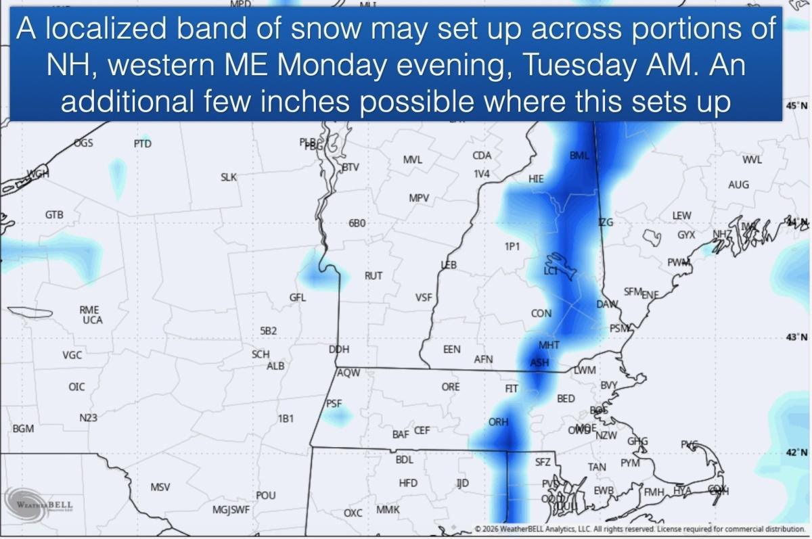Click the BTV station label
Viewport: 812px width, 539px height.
pyautogui.click(x=350, y=167)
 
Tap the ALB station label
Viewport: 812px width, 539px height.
pyautogui.click(x=275, y=366)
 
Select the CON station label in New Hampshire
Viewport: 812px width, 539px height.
pyautogui.click(x=541, y=314)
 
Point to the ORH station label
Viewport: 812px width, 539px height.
pyautogui.click(x=498, y=422)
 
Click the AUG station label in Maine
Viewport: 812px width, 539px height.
pyautogui.click(x=738, y=185)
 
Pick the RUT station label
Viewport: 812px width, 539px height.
pyautogui.click(x=374, y=276)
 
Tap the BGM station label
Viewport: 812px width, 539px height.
pyautogui.click(x=23, y=429)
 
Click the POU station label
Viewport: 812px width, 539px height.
pyautogui.click(x=266, y=496)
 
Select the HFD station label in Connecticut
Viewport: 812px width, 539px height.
pyautogui.click(x=408, y=483)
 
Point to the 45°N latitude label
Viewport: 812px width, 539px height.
pyautogui.click(x=796, y=106)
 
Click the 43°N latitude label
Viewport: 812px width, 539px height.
pyautogui.click(x=796, y=337)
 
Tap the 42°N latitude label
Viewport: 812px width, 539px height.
pyautogui.click(x=796, y=452)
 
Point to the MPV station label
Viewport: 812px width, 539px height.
pyautogui.click(x=419, y=197)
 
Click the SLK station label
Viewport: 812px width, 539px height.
pyautogui.click(x=229, y=177)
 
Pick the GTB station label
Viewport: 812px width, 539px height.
pyautogui.click(x=54, y=215)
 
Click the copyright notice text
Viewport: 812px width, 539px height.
pyautogui.click(x=639, y=529)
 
